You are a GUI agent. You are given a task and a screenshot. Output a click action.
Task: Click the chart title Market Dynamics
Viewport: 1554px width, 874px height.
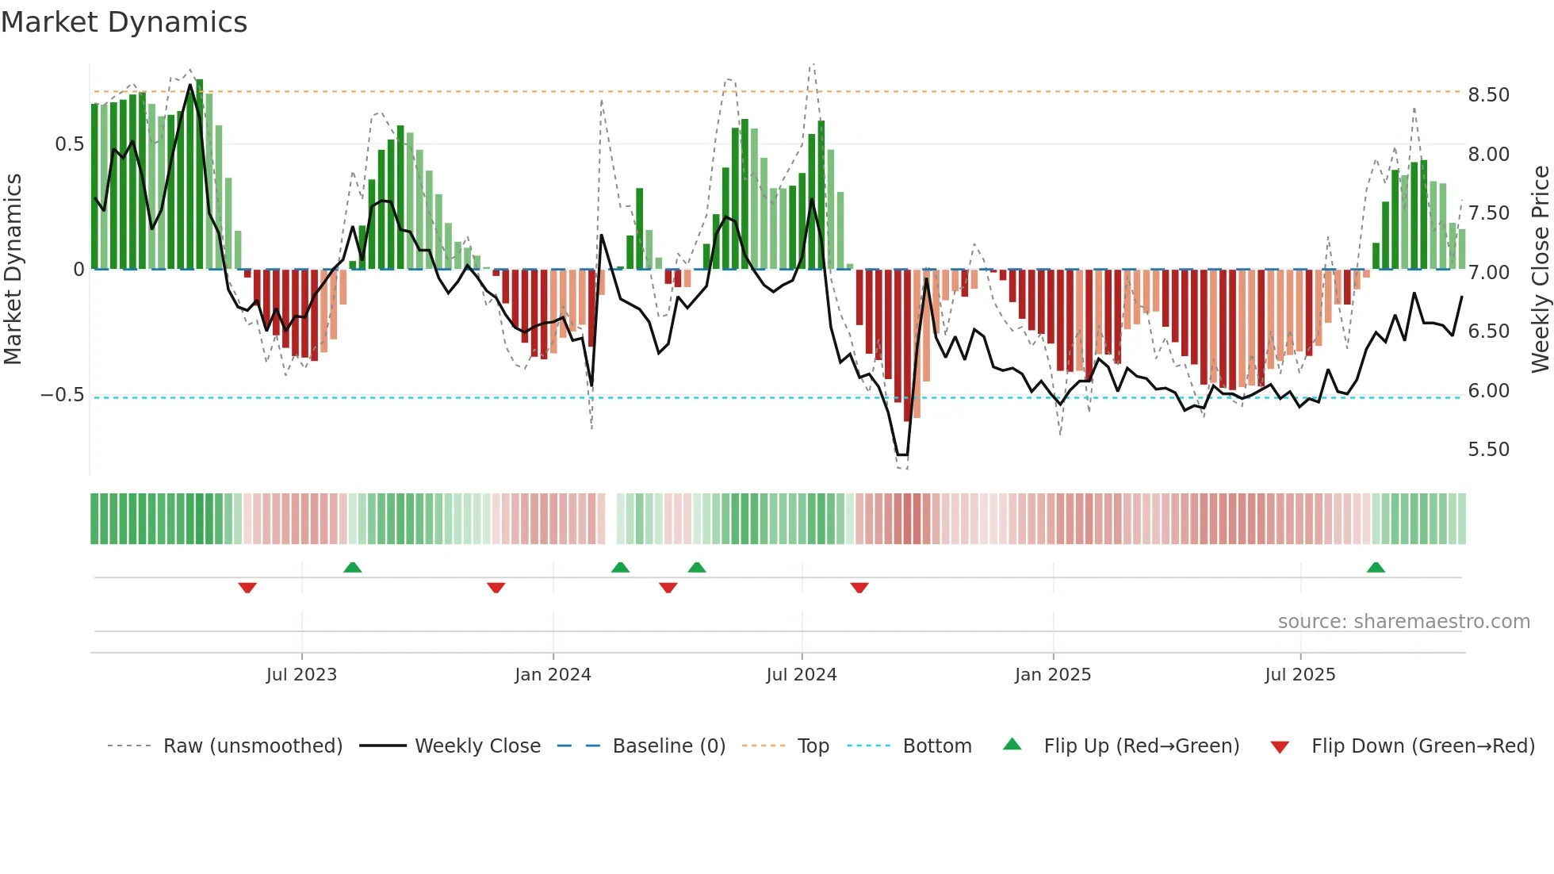point(124,22)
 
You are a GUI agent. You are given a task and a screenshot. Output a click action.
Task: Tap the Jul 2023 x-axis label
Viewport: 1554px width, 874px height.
point(301,675)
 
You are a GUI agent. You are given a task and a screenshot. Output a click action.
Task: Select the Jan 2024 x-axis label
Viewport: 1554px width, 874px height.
point(553,675)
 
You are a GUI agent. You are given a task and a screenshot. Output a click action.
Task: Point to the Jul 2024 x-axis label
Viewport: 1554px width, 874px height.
point(801,675)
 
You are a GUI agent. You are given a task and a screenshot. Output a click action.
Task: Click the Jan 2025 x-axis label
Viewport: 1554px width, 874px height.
point(1052,675)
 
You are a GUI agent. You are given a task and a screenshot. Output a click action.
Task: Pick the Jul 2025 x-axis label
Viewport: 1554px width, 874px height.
point(1299,675)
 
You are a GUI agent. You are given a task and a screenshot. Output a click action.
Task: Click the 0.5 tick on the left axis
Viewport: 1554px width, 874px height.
point(69,144)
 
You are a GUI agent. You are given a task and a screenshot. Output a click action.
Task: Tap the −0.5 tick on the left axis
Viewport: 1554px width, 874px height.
point(62,395)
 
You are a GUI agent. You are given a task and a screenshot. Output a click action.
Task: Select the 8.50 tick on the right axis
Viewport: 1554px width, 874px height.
point(1488,95)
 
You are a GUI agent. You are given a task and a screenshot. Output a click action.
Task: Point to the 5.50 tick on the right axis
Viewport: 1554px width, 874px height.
point(1488,450)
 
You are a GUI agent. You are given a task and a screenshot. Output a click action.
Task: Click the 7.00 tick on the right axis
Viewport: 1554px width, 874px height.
point(1488,273)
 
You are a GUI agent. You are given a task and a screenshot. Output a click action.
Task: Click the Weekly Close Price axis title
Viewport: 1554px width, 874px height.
point(1540,270)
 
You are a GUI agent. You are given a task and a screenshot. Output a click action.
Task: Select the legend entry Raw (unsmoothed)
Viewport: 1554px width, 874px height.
point(252,746)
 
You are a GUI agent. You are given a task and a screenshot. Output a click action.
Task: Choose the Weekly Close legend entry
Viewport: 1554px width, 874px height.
point(477,746)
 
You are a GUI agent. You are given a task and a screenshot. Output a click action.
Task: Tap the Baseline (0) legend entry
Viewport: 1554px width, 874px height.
point(668,746)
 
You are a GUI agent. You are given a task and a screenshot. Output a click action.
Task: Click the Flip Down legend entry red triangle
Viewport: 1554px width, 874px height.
point(1279,747)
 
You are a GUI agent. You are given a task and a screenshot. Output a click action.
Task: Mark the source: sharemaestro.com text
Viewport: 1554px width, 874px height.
point(1403,622)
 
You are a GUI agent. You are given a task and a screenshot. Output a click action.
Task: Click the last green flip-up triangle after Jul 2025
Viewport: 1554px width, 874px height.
point(1376,568)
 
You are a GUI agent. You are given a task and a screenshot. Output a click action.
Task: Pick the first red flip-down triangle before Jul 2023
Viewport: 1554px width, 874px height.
point(247,588)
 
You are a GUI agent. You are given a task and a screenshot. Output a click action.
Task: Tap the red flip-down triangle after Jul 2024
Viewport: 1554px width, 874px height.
point(859,588)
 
